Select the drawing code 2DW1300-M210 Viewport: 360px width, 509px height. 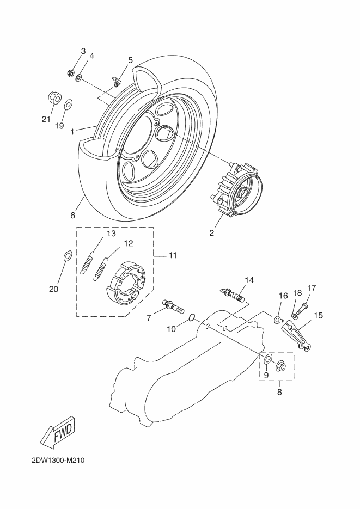click(58, 461)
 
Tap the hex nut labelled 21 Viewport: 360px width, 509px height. click(55, 97)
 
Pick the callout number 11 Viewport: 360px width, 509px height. click(172, 255)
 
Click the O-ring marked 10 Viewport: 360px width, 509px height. click(192, 317)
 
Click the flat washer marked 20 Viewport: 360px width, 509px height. click(67, 256)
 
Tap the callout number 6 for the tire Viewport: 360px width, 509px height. click(73, 215)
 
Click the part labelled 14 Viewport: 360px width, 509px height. click(232, 293)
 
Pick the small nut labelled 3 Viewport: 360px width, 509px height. click(70, 73)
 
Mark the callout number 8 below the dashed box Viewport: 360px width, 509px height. click(279, 392)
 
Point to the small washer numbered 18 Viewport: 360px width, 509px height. click(294, 316)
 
